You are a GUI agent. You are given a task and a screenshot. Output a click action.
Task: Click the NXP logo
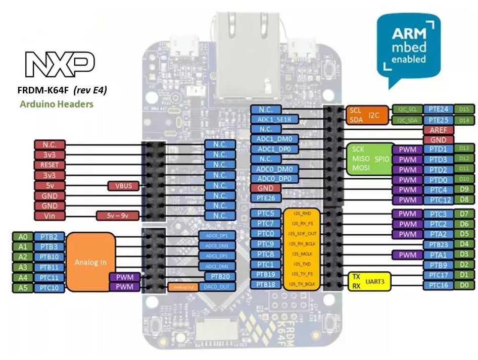(x=60, y=64)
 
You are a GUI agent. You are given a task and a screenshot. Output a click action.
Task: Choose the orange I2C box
(x=366, y=115)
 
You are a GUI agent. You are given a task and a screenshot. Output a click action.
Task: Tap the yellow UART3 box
(x=369, y=281)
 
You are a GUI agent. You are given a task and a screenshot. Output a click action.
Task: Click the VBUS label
(x=123, y=185)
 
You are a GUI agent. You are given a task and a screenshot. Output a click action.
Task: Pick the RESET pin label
(x=50, y=165)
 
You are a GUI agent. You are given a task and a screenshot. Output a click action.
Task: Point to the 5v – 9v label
(x=117, y=216)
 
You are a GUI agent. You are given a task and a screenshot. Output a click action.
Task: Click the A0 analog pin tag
(x=22, y=236)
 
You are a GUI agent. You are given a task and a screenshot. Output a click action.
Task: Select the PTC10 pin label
(x=50, y=287)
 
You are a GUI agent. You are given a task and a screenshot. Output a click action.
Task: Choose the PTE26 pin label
(x=266, y=198)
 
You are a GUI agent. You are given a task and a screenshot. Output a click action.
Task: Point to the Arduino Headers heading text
(x=56, y=105)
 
